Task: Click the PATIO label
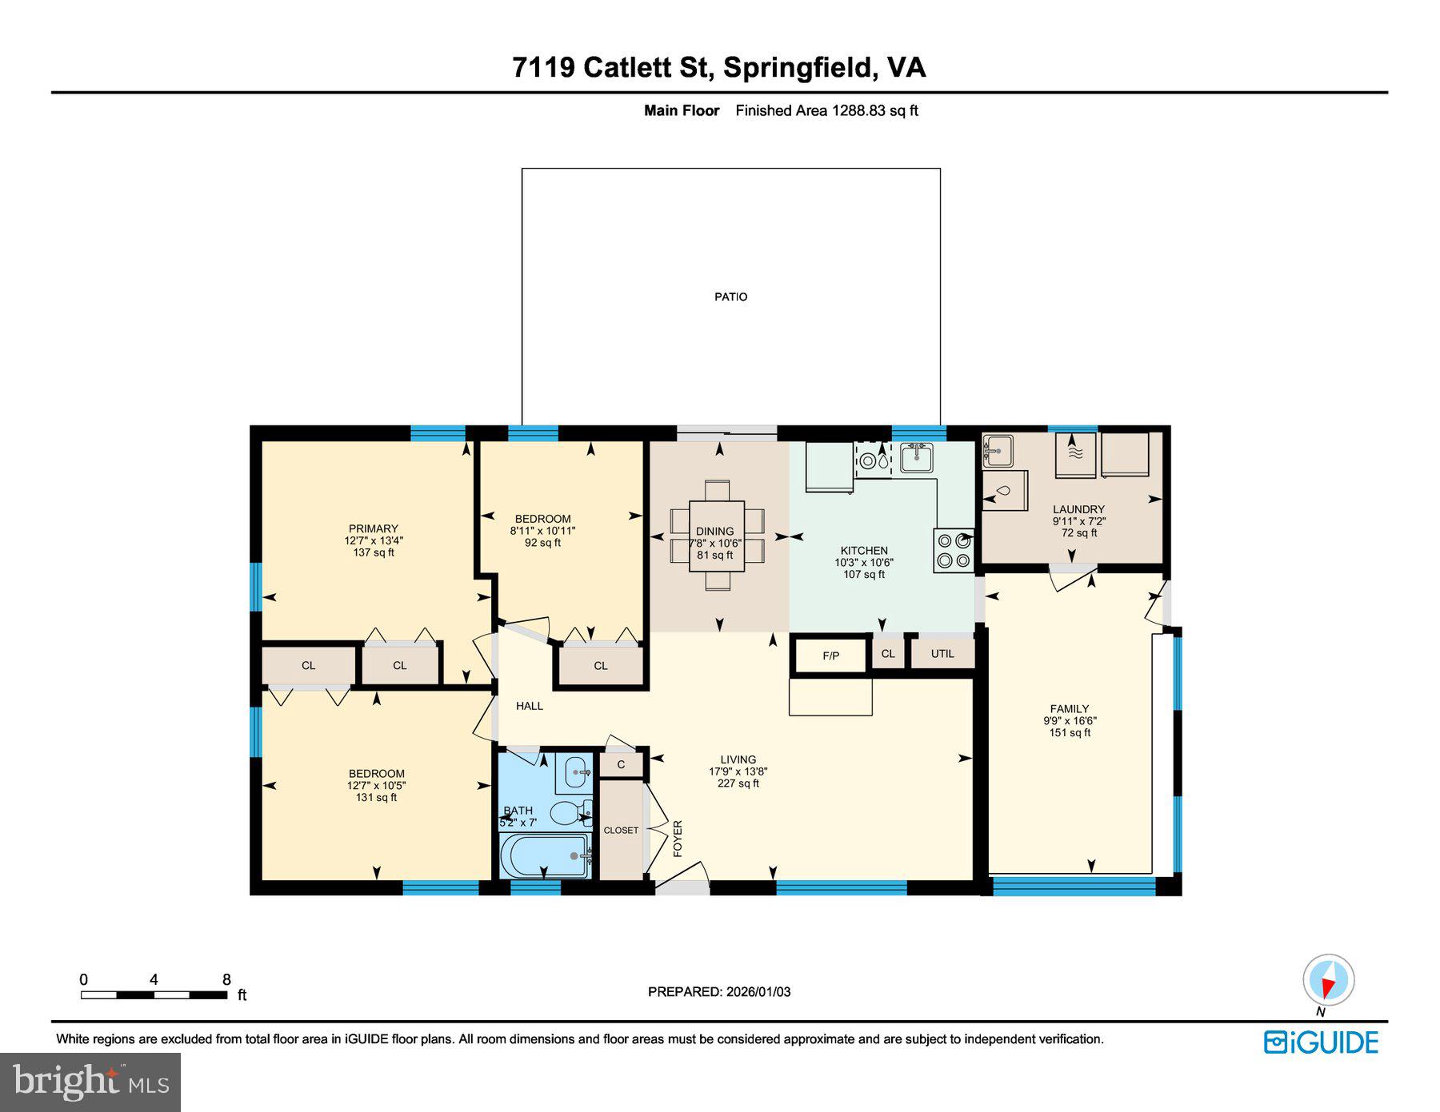coord(730,297)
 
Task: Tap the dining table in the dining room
coord(716,536)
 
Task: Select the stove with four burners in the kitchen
coord(954,550)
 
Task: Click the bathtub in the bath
coord(544,856)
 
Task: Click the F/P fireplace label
coord(830,656)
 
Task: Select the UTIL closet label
coord(942,653)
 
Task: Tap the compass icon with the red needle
coord(1328,980)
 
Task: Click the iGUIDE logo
coord(1321,1042)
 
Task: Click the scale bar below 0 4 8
coord(153,995)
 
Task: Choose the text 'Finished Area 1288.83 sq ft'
coord(826,111)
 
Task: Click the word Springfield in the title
coord(797,67)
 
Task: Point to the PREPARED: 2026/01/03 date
coord(718,991)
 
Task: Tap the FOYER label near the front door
coord(678,838)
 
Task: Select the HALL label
coord(529,706)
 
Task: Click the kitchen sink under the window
coord(915,459)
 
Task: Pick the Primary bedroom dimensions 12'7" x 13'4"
coord(374,540)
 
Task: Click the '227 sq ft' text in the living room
coord(738,783)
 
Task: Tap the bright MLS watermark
coord(90,1082)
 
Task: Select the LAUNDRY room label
coord(1078,509)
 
